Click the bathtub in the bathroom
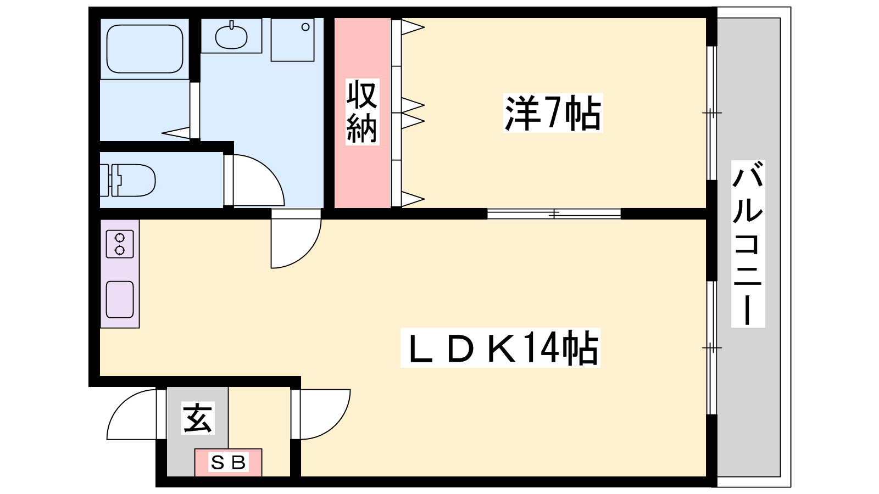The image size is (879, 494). pos(144,48)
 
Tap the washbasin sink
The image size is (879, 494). pos(231,36)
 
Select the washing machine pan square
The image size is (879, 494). pos(292,40)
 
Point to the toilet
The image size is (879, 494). pos(132,180)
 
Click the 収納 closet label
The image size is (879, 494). pos(362,112)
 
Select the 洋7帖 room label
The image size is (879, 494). pos(553,113)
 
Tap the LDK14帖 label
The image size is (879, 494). pos(500,348)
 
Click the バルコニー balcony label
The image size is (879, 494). pos(748,244)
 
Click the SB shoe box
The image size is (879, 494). pos(228,462)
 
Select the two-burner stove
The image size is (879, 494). pos(120,244)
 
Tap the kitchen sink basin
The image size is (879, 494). pos(120,299)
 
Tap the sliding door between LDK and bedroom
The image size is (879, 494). pos(554,214)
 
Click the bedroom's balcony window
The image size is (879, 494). pos(711,113)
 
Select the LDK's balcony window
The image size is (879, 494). pos(711,347)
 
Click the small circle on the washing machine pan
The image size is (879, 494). pos(305,27)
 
